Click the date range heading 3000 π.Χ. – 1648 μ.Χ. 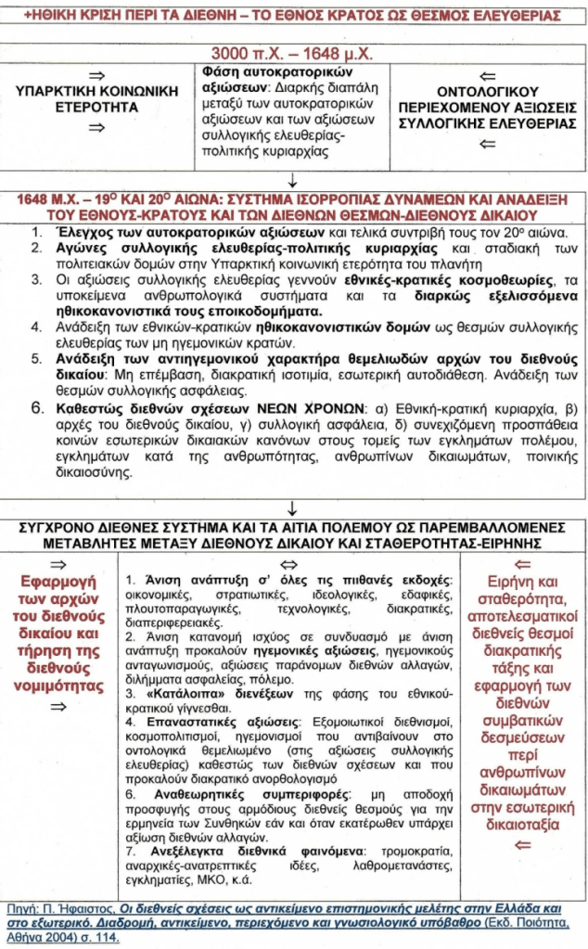(x=293, y=52)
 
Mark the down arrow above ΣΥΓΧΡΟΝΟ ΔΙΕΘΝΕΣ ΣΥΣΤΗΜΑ (x=293, y=507)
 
